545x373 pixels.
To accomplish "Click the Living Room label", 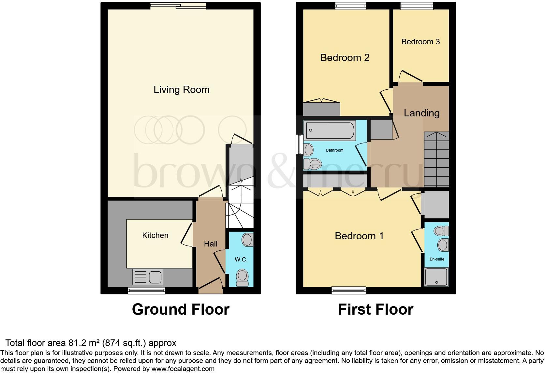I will point(181,90).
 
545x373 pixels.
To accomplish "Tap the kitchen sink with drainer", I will point(148,277).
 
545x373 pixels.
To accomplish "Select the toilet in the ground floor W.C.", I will point(242,277).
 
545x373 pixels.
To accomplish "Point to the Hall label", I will point(211,244).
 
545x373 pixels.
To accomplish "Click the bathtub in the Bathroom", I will point(330,131).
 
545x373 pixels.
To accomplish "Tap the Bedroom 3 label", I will point(420,42).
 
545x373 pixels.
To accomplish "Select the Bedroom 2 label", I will point(345,58).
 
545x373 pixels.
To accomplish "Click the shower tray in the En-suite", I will point(436,277).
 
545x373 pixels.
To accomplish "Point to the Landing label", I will point(421,113).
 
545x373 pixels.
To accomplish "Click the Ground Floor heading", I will point(181,309).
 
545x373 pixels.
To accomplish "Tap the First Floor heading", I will point(376,309).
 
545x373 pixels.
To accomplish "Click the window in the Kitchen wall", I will point(146,291).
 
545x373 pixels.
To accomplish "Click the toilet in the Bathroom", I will point(313,164).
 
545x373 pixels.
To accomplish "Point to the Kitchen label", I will point(155,235).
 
